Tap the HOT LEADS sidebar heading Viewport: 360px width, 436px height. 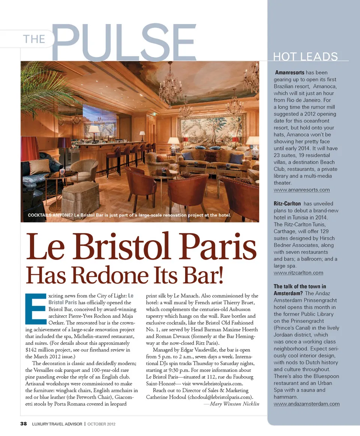(x=306, y=57)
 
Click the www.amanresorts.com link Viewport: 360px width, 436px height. (x=302, y=190)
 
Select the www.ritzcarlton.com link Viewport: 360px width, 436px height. (x=298, y=273)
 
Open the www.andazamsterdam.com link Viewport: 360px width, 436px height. (x=307, y=404)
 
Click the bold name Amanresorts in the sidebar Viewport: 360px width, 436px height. (x=291, y=72)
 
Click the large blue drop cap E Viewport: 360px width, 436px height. (x=36, y=307)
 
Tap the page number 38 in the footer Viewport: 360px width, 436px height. (x=24, y=424)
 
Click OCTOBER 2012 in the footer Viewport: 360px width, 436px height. (x=101, y=424)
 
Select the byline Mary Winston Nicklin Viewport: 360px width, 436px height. (x=234, y=404)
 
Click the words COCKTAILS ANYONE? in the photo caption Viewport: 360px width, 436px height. (x=50, y=215)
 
